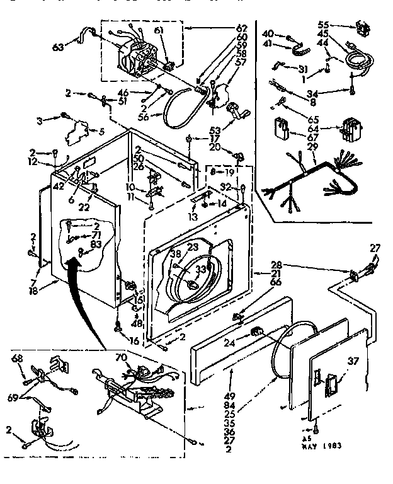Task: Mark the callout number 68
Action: (17, 359)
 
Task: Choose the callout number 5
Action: (101, 131)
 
